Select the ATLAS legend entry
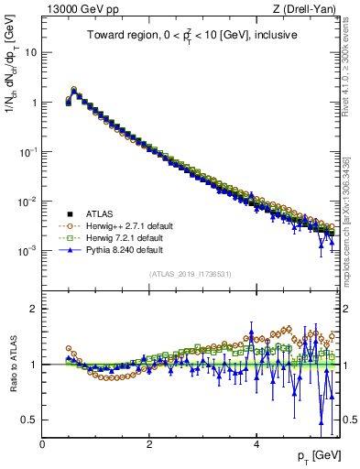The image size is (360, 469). click(x=103, y=212)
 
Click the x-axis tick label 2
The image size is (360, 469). click(x=149, y=444)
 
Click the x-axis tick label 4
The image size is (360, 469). click(x=256, y=444)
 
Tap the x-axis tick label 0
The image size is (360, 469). click(x=42, y=444)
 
